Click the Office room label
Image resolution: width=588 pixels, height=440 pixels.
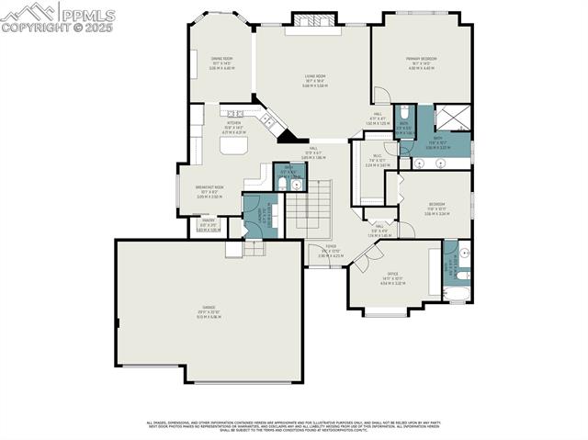pos(392,278)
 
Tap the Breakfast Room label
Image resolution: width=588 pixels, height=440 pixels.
pos(211,191)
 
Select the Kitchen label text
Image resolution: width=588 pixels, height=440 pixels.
pos(232,126)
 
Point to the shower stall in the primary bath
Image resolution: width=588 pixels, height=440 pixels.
pos(451,118)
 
